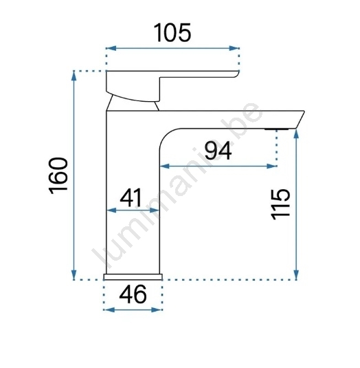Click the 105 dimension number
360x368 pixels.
coord(172,33)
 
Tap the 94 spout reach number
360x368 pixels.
coord(218,151)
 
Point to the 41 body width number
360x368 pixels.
coord(131,197)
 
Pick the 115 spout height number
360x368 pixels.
coord(280,204)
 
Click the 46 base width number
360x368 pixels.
coord(133,294)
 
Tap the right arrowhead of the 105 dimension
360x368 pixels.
coord(234,48)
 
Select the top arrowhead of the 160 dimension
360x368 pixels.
coord(74,76)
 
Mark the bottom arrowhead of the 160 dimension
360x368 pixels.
coord(74,274)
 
